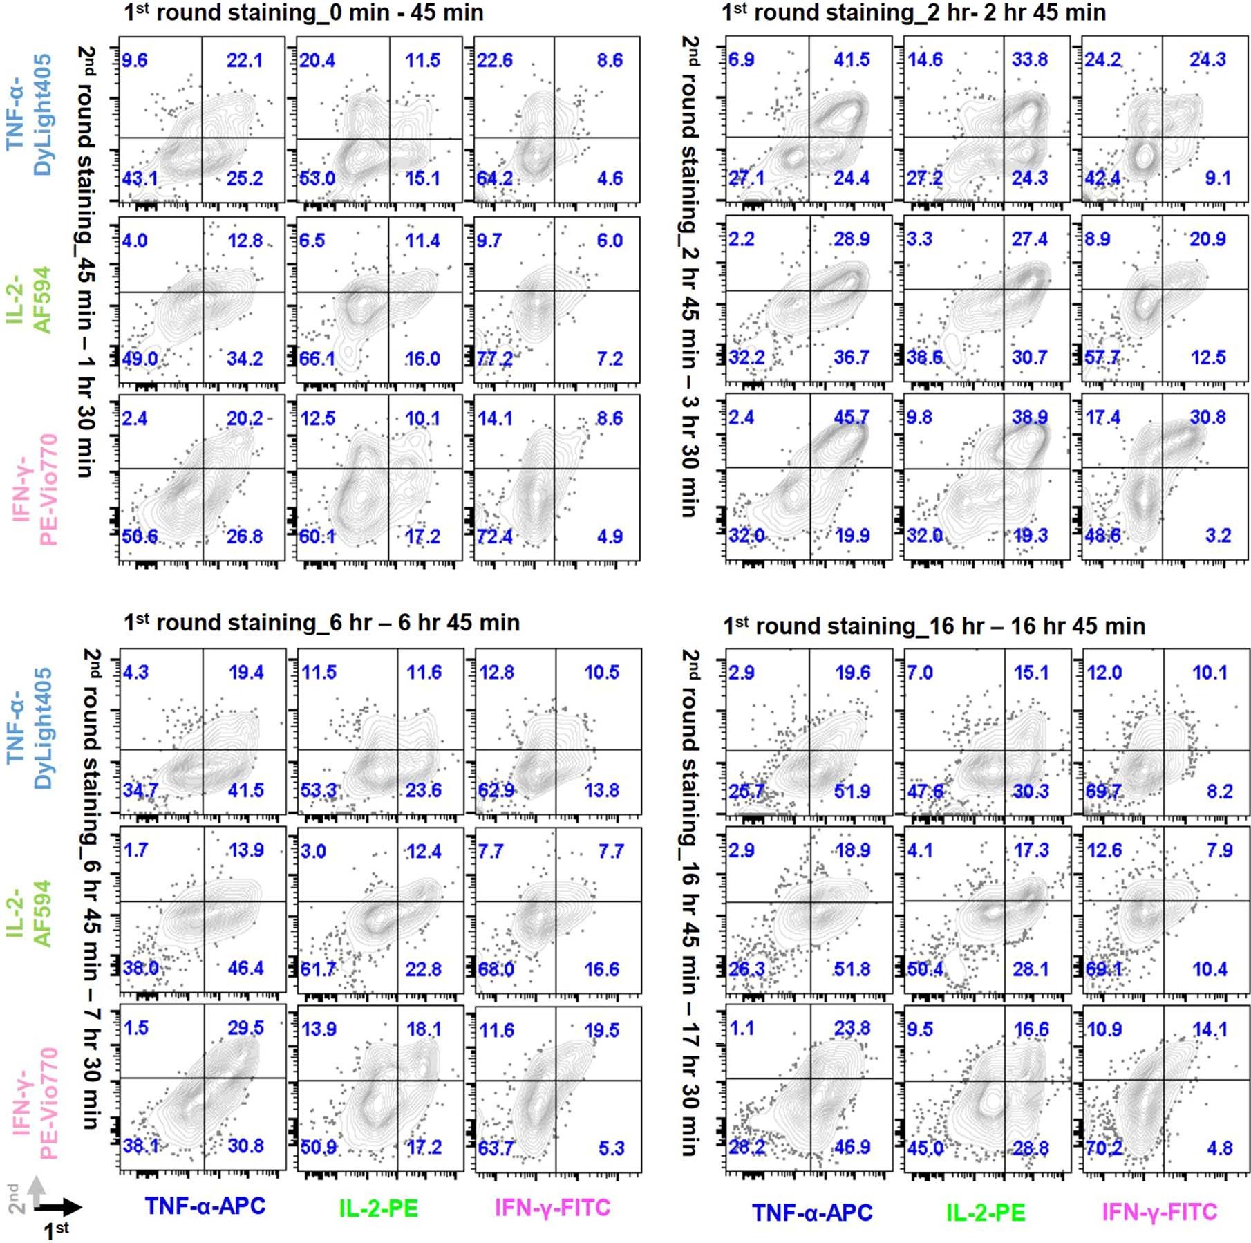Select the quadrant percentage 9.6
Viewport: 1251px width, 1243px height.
pos(135,60)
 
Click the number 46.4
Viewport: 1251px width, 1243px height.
pos(245,968)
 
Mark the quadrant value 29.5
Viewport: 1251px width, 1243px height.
pos(245,1028)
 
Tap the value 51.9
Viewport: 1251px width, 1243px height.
pos(852,791)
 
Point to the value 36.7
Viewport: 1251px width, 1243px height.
pos(852,357)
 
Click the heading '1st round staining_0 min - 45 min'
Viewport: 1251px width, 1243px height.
pos(303,12)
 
